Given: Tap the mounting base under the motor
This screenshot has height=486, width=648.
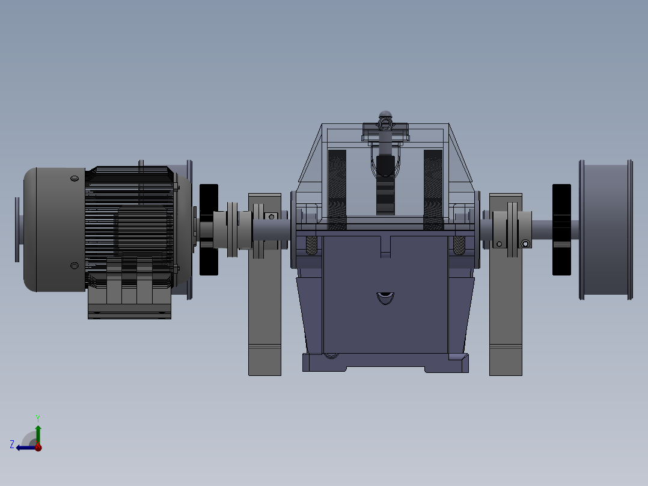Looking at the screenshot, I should click(129, 312).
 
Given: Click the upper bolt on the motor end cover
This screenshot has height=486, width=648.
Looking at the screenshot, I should click(74, 179).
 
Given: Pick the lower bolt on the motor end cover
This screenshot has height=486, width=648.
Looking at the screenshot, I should click(74, 265).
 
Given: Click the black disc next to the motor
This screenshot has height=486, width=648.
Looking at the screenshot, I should click(209, 229).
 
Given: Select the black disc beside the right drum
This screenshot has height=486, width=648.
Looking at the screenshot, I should click(561, 229).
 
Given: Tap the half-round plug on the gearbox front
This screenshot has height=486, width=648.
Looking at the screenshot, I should click(385, 297).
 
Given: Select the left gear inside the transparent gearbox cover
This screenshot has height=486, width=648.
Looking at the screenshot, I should click(337, 189).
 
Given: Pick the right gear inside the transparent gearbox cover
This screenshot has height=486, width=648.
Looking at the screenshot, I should click(433, 189).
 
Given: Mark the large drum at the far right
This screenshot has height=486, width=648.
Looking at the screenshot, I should click(604, 229).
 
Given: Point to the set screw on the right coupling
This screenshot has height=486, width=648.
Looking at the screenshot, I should click(526, 243).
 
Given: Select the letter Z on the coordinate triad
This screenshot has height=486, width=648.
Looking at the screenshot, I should click(12, 444).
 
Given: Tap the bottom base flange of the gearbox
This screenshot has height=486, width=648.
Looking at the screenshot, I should click(385, 362).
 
